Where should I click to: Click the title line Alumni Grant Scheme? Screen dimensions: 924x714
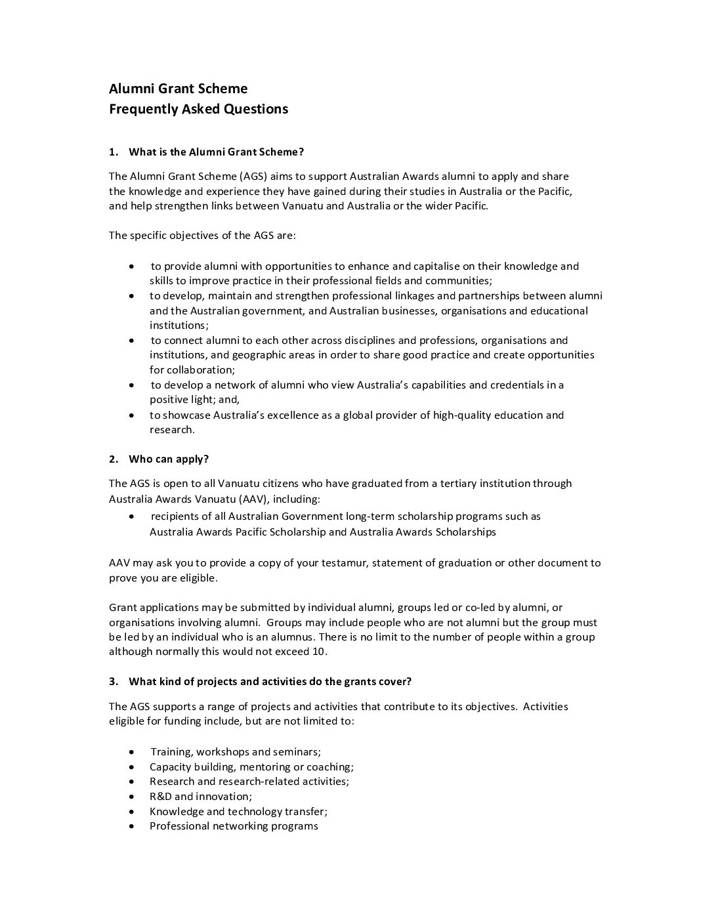pyautogui.click(x=178, y=89)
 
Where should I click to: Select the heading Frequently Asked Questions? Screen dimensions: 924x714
pyautogui.click(x=198, y=109)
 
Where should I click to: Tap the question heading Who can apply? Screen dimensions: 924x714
pyautogui.click(x=169, y=459)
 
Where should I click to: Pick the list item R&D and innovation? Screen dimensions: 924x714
pyautogui.click(x=200, y=796)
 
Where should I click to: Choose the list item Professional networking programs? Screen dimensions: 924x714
pyautogui.click(x=234, y=826)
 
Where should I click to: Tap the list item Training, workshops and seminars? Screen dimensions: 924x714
pyautogui.click(x=236, y=751)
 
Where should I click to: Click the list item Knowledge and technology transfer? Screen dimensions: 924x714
pyautogui.click(x=238, y=811)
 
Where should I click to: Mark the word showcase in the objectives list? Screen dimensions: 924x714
pyautogui.click(x=185, y=415)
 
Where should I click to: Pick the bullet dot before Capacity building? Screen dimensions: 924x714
pyautogui.click(x=133, y=766)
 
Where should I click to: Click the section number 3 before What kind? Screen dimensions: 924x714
pyautogui.click(x=112, y=681)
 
